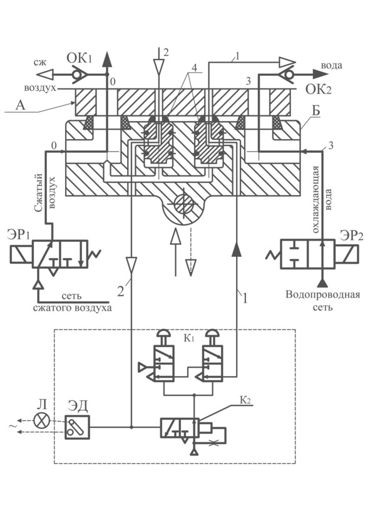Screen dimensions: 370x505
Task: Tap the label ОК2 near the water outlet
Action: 318,89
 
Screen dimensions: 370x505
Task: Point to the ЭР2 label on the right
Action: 351,236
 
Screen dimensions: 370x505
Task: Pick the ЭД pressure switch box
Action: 77,427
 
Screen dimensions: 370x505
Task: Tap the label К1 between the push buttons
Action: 189,338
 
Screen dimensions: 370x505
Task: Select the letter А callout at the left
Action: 20,105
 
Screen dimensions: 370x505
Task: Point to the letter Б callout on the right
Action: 316,110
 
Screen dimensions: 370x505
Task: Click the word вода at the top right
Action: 331,66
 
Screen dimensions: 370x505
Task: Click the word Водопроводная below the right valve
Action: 322,294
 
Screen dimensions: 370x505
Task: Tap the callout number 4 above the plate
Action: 193,68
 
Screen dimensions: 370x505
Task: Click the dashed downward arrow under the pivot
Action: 190,252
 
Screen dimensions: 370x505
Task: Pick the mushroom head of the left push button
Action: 164,333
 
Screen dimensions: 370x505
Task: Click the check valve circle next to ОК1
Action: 76,75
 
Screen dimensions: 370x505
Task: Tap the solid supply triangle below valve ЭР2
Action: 322,283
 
